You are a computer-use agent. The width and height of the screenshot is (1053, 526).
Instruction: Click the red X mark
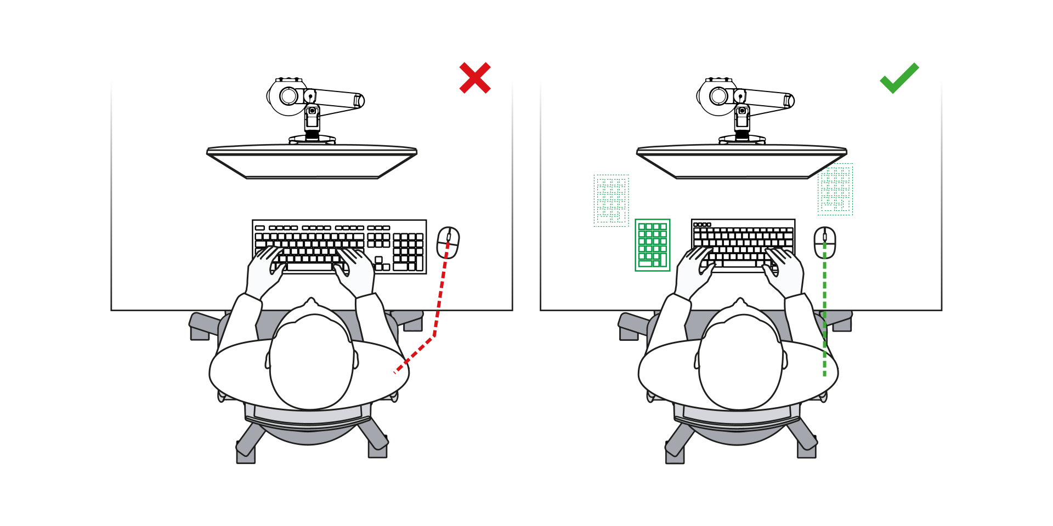tap(475, 77)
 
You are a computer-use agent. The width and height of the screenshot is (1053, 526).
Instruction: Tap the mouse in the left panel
tap(448, 243)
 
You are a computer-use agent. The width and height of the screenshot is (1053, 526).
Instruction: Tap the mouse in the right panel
tap(824, 243)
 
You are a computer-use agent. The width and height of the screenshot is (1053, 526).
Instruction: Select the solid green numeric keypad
tap(652, 245)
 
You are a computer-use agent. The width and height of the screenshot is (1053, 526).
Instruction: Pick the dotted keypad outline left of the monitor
tap(611, 201)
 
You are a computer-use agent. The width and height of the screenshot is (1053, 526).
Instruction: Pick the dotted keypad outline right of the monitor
tap(835, 190)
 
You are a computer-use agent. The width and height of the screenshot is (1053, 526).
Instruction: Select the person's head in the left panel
tap(311, 362)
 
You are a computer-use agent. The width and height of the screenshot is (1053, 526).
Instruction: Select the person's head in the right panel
tap(740, 362)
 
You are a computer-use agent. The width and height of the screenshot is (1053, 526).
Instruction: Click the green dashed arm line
tap(824, 318)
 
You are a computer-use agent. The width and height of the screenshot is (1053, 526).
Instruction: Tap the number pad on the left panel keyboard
tap(408, 251)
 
